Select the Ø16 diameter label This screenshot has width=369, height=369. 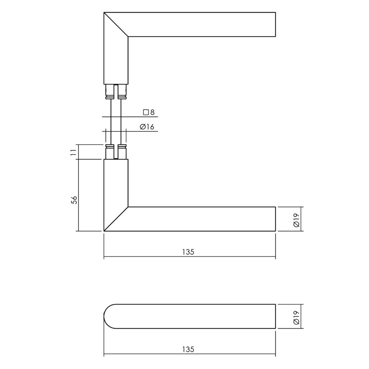(146, 127)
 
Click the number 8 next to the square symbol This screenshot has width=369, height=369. (152, 112)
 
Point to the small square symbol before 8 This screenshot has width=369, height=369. (146, 112)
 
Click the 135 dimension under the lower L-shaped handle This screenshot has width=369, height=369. (188, 252)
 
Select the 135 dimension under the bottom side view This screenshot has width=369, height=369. (188, 349)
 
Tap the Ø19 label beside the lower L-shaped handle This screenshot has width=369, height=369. (296, 219)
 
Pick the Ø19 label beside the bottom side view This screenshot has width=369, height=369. (296, 317)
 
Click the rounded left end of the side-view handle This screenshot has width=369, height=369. (106, 316)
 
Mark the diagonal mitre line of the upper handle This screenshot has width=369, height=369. (116, 25)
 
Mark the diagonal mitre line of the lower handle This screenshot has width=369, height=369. (116, 219)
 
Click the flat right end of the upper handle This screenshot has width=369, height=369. (275, 25)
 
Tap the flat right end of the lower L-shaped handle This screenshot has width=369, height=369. (275, 219)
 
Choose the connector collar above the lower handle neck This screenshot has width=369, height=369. (116, 152)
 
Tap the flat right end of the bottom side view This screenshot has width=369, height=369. (275, 316)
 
